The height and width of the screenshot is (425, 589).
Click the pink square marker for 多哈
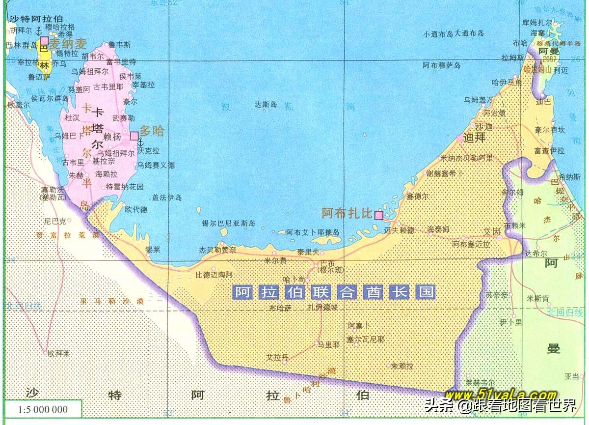tap(134, 136)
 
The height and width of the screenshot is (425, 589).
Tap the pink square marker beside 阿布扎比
tap(378, 215)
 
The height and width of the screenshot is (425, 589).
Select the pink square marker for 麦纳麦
tap(45, 40)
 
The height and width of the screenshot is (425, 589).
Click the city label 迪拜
tap(474, 138)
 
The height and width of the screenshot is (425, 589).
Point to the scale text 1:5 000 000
tap(43, 409)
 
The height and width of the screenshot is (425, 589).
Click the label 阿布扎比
tap(347, 213)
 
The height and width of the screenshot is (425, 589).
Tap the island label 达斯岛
tap(266, 105)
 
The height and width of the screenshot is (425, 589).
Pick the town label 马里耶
tap(328, 345)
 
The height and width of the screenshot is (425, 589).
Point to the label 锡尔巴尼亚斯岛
tap(228, 224)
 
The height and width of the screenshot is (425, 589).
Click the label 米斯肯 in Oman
tap(538, 298)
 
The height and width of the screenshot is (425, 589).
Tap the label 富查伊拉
tap(550, 150)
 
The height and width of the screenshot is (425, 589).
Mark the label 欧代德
tap(136, 209)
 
